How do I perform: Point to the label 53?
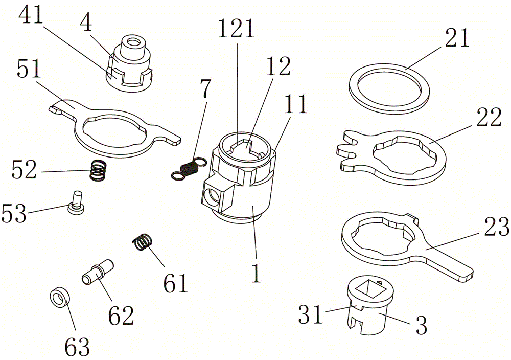[14, 213]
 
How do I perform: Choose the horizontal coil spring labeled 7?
[188, 168]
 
